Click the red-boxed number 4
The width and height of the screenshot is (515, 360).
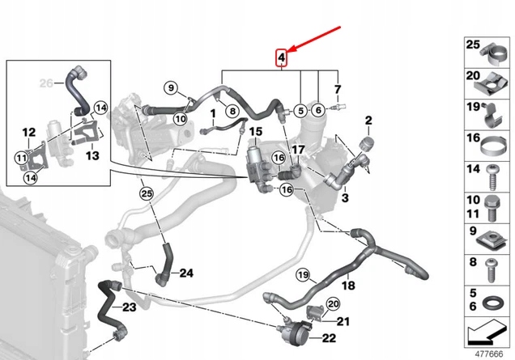click(281, 57)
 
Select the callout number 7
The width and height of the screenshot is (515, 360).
click(338, 89)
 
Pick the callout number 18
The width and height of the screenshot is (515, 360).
click(348, 286)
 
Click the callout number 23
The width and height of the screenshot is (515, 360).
click(129, 307)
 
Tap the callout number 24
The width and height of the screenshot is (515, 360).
click(186, 273)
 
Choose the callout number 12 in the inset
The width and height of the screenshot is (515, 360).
click(28, 132)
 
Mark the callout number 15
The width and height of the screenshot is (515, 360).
click(254, 131)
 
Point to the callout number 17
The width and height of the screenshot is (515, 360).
click(298, 149)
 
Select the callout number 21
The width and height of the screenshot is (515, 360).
click(343, 322)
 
